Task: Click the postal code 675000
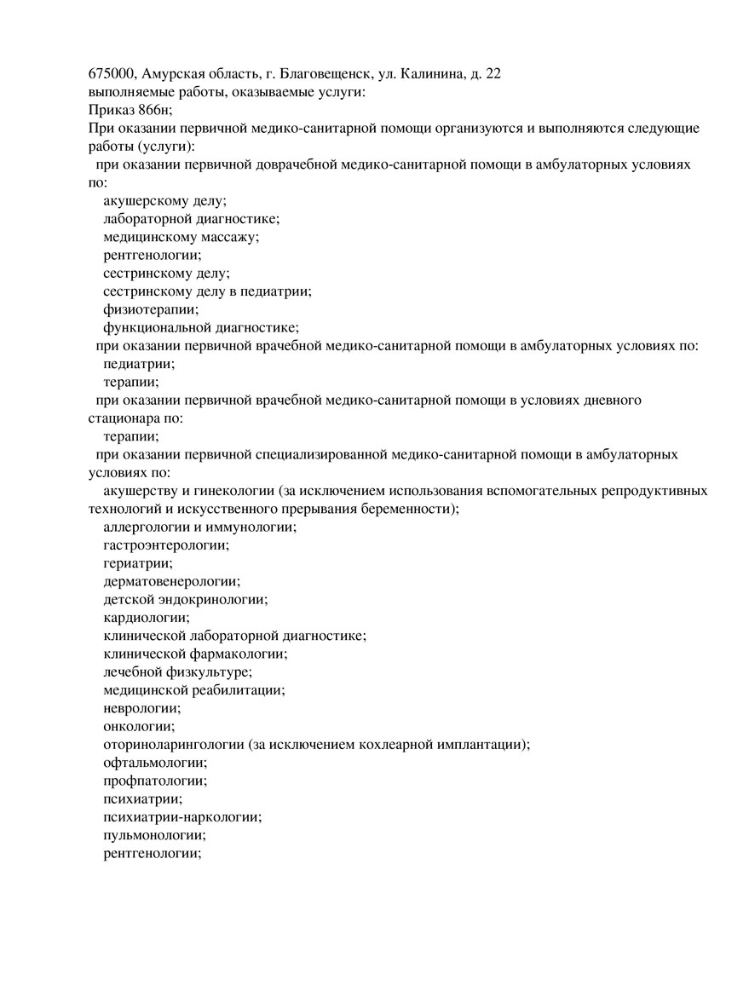110,73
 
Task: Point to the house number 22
493,73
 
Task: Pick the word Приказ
109,110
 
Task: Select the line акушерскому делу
164,201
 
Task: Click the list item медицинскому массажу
181,237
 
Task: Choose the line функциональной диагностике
201,327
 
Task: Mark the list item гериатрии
138,562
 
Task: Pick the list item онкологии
139,726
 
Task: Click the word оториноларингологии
174,744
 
